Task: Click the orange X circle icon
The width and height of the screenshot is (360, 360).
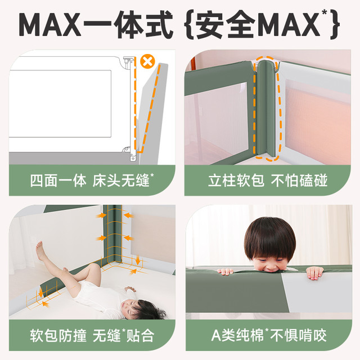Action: (x=147, y=61)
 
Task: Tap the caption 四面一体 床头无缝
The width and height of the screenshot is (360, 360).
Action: (x=92, y=181)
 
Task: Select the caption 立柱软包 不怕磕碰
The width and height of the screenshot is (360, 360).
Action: (x=268, y=181)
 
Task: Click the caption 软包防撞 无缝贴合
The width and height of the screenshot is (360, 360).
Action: (x=92, y=335)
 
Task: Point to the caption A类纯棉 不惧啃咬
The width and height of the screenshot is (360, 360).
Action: (x=269, y=335)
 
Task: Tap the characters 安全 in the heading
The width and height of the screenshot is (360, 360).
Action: (x=225, y=24)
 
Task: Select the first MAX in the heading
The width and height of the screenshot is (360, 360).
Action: (x=50, y=25)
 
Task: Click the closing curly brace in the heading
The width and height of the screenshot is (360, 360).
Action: (x=335, y=25)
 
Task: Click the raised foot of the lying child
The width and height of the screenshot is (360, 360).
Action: (x=40, y=250)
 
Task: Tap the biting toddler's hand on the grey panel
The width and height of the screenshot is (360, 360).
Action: (x=314, y=273)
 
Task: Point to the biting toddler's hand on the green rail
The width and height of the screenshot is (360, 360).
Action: (x=226, y=272)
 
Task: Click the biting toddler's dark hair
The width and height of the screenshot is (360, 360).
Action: (x=270, y=236)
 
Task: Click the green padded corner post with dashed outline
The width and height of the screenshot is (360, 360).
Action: (x=266, y=109)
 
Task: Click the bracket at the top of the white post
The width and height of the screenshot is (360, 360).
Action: (x=128, y=62)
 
